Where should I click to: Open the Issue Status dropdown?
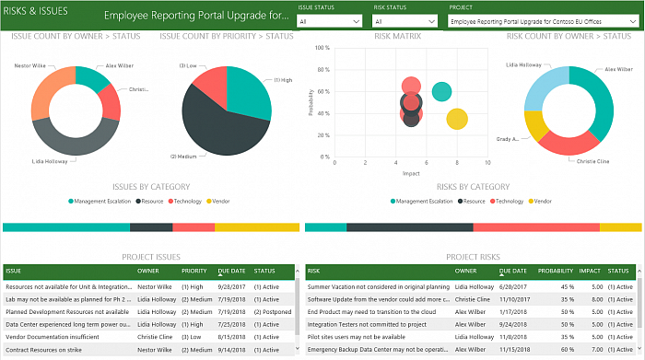pyautogui.click(x=331, y=19)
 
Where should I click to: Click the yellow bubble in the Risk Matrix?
pyautogui.click(x=457, y=119)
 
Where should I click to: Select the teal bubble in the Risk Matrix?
pyautogui.click(x=442, y=91)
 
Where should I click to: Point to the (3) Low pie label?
pyautogui.click(x=189, y=64)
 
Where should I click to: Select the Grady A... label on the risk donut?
pyautogui.click(x=508, y=139)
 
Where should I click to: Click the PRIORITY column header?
pyautogui.click(x=193, y=272)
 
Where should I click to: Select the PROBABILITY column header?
pyautogui.click(x=555, y=272)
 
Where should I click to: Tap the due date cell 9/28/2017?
pyautogui.click(x=231, y=286)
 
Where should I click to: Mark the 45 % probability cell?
pyautogui.click(x=558, y=286)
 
